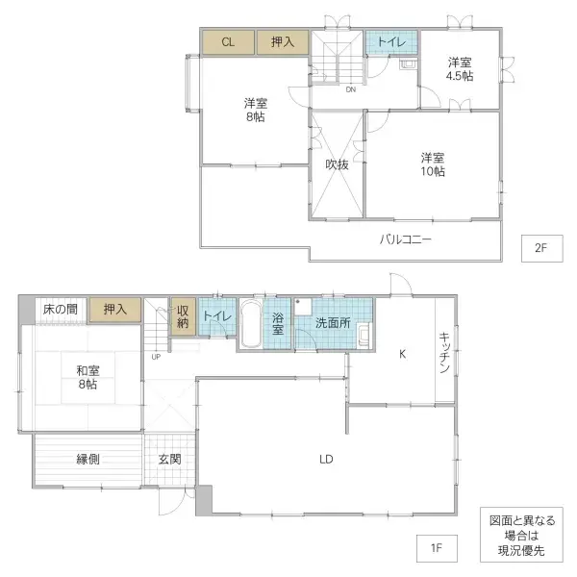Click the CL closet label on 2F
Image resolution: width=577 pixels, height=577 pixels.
(227, 41)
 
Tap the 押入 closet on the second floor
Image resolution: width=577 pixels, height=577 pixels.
(282, 41)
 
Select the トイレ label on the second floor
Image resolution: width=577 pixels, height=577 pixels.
(390, 41)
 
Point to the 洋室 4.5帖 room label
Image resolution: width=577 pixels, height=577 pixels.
(460, 70)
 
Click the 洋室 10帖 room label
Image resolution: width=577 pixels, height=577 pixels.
(432, 164)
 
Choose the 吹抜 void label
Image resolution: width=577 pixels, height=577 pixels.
(336, 164)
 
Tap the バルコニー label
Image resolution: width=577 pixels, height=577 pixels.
(405, 238)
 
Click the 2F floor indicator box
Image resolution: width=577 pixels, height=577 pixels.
(540, 248)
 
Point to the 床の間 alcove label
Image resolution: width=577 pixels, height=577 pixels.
(61, 309)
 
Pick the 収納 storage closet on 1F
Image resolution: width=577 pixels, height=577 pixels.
(183, 316)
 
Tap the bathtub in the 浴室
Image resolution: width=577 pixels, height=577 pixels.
(249, 324)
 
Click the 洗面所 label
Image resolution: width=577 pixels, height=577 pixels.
(333, 322)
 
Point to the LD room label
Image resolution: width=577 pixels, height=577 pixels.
(326, 459)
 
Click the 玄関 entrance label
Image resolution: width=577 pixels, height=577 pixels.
(170, 459)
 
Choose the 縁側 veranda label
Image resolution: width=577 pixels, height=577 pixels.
(88, 459)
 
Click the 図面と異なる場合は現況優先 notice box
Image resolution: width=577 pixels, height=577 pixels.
(524, 535)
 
